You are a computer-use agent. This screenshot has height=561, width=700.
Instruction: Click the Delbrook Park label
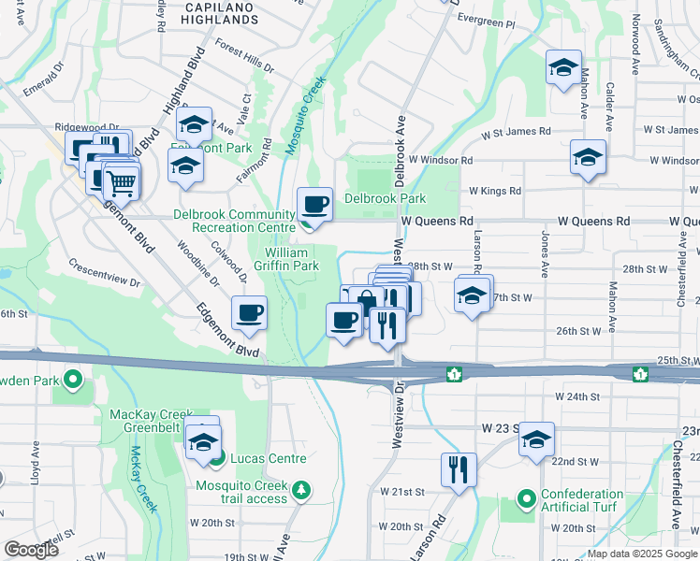click(385, 198)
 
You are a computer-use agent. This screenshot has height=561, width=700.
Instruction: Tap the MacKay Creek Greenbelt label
click(151, 421)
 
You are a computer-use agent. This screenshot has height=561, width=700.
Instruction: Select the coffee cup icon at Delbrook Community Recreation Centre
click(314, 204)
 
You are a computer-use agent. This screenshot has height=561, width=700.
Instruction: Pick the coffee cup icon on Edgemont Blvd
click(249, 313)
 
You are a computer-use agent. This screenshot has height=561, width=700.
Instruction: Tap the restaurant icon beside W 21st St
click(458, 469)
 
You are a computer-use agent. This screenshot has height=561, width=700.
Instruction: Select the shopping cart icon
click(122, 180)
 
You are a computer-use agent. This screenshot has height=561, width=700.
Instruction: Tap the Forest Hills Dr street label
click(243, 56)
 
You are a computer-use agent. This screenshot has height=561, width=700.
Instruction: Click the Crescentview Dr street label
click(103, 272)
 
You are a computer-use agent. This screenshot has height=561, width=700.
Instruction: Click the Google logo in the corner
click(30, 550)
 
